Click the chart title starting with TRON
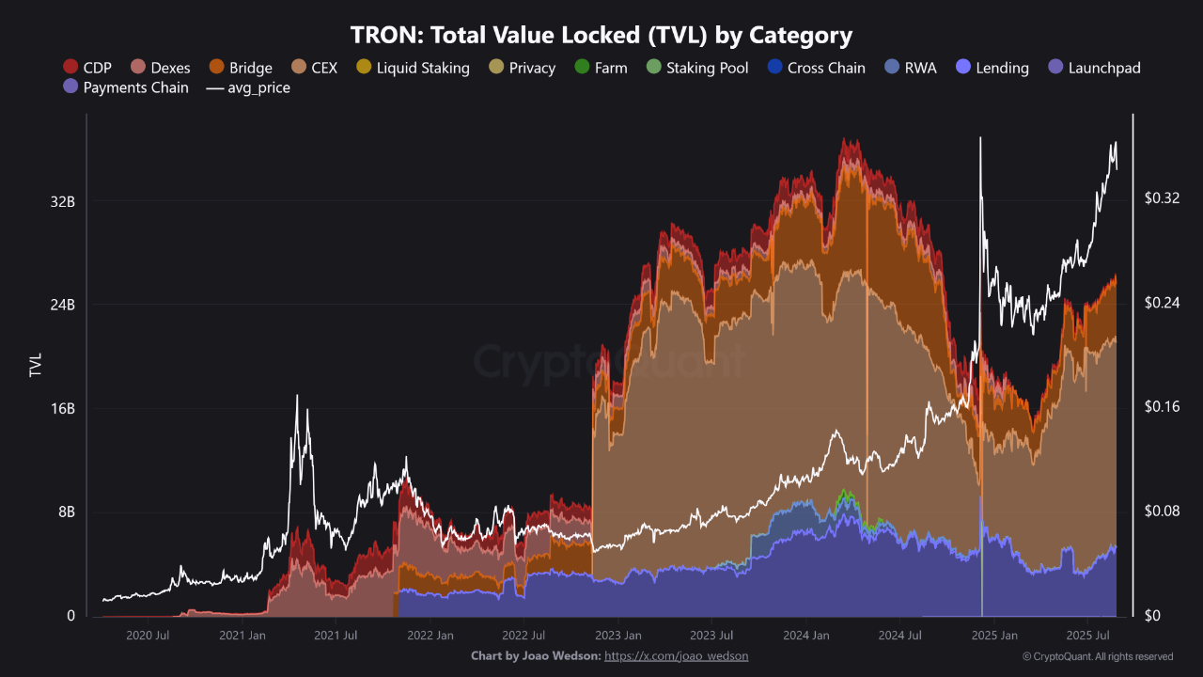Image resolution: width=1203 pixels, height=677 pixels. click(x=601, y=36)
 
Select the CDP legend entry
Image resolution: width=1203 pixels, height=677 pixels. click(x=87, y=68)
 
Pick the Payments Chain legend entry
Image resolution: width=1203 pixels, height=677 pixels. click(x=125, y=87)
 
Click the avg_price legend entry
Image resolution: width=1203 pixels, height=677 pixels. click(x=248, y=87)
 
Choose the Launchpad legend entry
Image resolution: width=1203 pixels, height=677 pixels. click(x=1094, y=68)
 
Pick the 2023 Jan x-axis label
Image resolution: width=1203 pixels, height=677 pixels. click(x=618, y=635)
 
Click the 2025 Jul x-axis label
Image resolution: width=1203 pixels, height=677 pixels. click(x=1090, y=635)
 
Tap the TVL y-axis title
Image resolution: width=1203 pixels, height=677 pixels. click(x=36, y=365)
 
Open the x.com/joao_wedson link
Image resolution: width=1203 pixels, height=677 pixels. click(x=676, y=655)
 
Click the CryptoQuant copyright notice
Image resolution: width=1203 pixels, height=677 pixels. click(x=1097, y=656)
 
